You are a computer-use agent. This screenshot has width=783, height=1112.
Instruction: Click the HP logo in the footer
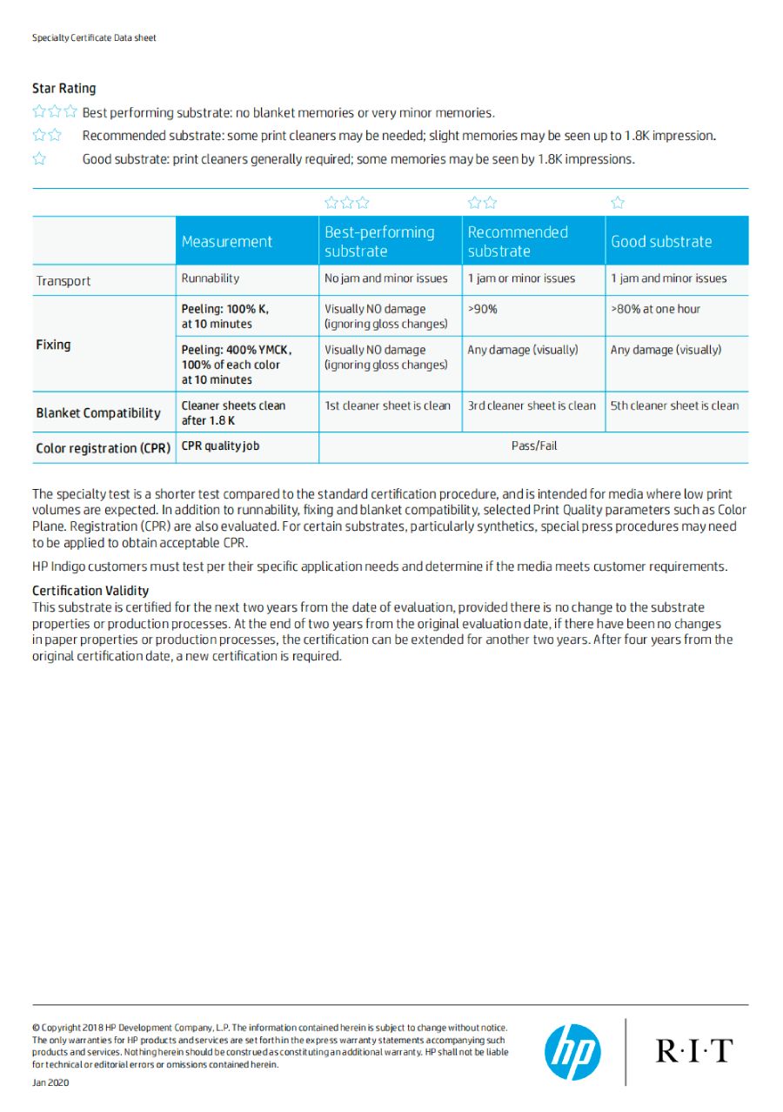[572, 1051]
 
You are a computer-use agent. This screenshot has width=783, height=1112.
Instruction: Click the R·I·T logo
[693, 1050]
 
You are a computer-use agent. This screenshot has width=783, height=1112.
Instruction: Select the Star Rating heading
[64, 88]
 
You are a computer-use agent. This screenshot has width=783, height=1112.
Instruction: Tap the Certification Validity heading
[90, 591]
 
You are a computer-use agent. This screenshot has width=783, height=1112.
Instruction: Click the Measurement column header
[227, 242]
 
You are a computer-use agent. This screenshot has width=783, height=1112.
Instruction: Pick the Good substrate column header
[661, 242]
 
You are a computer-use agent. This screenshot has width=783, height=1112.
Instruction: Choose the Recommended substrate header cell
[518, 242]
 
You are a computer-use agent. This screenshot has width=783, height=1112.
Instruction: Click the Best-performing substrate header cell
[379, 242]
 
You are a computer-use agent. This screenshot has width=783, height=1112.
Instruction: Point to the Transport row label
[64, 281]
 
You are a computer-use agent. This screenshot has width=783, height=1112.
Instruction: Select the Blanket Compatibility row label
[98, 412]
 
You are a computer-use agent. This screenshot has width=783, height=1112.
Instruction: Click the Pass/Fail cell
[534, 445]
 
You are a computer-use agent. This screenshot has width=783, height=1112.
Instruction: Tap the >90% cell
[483, 309]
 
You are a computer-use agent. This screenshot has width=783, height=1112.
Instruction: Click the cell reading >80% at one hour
[655, 309]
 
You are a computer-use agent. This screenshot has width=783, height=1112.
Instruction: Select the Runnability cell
[210, 278]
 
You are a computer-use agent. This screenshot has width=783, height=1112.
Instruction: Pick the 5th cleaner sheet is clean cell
[674, 405]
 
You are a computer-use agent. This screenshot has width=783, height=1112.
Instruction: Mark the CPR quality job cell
[220, 445]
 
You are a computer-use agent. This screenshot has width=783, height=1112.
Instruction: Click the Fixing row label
[53, 345]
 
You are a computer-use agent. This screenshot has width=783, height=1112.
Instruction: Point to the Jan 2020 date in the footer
[50, 1082]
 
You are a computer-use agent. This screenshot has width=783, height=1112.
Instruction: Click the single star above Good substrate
[618, 203]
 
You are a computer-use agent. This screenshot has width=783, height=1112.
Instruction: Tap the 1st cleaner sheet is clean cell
[388, 405]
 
